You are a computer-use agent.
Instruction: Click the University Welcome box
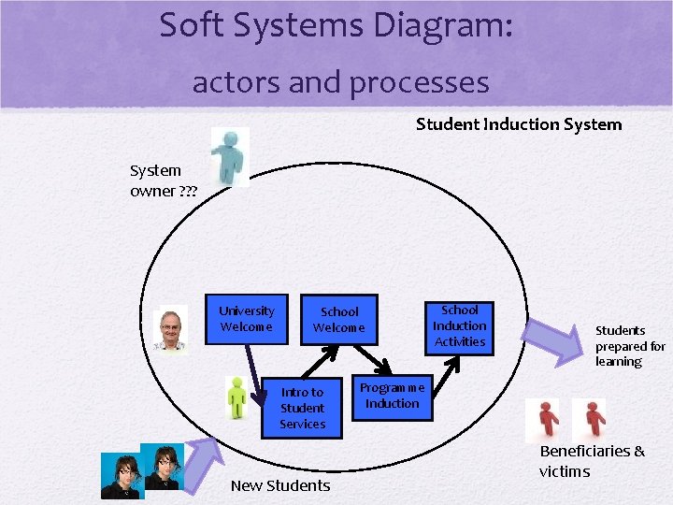point(247,319)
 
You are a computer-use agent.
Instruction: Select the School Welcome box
point(339,320)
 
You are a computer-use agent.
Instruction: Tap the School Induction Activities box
point(459,326)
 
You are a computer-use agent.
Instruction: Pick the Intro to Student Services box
point(302,409)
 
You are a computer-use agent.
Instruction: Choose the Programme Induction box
point(393,396)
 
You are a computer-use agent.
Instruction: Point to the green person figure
point(237,397)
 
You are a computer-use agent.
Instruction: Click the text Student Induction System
point(519,124)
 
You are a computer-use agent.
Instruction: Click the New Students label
point(280,485)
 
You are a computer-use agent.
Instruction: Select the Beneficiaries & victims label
point(591,461)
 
